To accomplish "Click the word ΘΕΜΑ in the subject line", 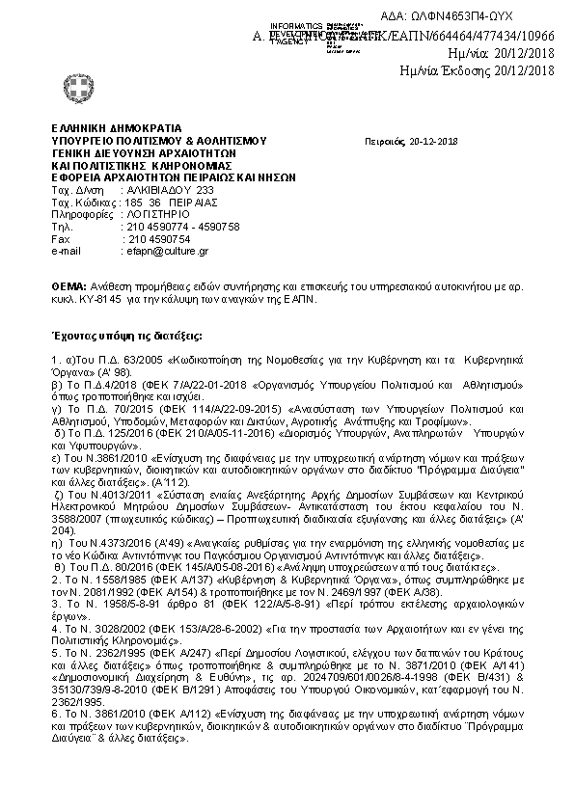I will pyautogui.click(x=67, y=287).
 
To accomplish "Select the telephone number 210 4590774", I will pyautogui.click(x=151, y=227).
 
